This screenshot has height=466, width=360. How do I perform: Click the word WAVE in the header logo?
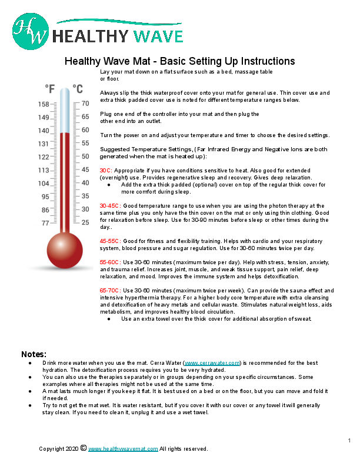(157, 36)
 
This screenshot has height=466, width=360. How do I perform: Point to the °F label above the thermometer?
(51, 89)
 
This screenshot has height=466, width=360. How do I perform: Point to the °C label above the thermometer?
(78, 89)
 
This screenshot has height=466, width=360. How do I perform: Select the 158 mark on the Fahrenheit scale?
(44, 104)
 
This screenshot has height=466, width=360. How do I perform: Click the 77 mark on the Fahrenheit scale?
(45, 223)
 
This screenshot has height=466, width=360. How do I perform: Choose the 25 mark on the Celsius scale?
(85, 223)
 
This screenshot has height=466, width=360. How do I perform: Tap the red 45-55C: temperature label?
(111, 241)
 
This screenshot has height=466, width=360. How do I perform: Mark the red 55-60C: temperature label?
(111, 262)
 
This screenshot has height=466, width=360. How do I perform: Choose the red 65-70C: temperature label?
(111, 291)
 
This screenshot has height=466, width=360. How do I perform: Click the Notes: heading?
(34, 354)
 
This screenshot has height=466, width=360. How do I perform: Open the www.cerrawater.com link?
(212, 363)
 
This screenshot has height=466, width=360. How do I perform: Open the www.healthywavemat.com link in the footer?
(123, 449)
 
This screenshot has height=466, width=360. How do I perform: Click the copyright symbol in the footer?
(83, 448)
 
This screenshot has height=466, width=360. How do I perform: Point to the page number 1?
(349, 441)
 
